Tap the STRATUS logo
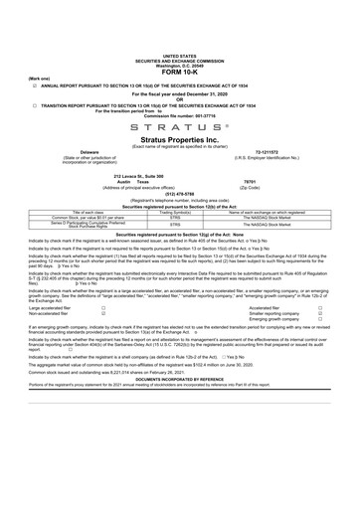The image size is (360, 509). (179, 129)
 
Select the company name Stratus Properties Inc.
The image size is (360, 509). (179, 142)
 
